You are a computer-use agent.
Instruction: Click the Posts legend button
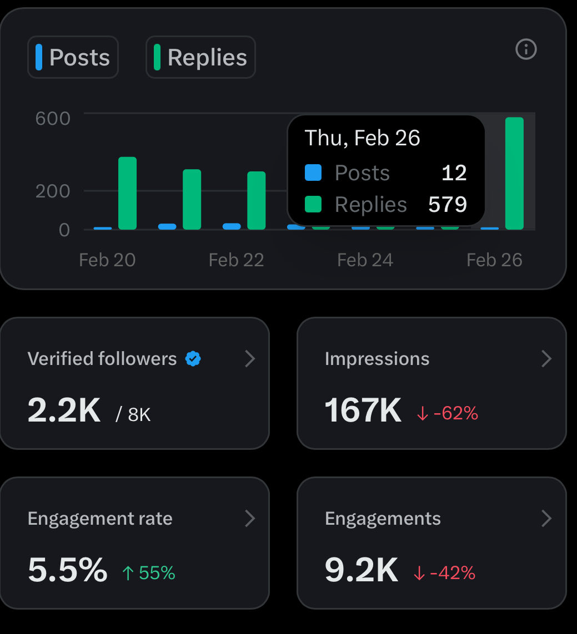73,57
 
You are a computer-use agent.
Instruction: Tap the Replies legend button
200,57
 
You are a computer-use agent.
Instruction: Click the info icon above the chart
526,50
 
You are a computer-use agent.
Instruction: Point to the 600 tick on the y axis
53,118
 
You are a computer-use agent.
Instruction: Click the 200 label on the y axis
53,191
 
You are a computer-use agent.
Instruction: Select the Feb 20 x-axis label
107,260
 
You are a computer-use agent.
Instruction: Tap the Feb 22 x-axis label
236,260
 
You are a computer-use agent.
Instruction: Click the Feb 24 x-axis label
365,260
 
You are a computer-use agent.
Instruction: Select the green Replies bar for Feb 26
514,173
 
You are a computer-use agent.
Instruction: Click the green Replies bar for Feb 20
127,193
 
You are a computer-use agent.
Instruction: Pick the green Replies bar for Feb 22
256,200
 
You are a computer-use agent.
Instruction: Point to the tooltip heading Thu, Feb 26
362,138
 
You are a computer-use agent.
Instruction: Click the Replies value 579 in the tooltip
447,205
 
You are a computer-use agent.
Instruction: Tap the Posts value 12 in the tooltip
454,173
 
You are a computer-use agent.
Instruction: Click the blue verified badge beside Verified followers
193,359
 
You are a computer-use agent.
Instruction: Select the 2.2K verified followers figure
64,410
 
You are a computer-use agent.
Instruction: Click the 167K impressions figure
363,410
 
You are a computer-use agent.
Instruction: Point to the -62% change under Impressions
447,413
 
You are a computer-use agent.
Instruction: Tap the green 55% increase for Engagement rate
148,573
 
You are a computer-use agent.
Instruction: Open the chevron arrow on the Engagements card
546,519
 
